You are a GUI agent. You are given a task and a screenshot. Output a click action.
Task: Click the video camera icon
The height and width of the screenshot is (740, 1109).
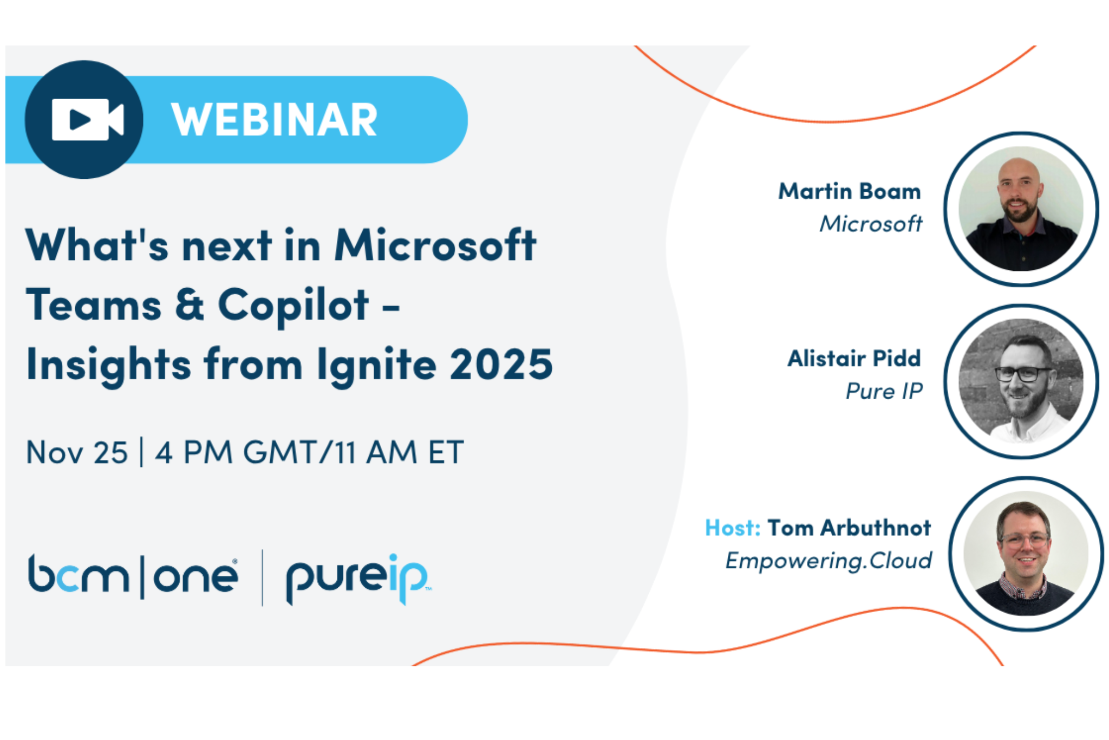[x=87, y=119]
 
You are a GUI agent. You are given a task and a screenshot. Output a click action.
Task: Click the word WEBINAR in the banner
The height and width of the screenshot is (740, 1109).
[x=274, y=120]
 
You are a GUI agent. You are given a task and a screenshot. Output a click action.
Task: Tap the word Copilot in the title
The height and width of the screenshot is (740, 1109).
[x=293, y=306]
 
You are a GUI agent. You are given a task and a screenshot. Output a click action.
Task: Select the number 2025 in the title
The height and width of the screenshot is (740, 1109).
[x=501, y=364]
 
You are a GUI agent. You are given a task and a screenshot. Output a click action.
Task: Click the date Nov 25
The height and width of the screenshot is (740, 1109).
[x=77, y=452]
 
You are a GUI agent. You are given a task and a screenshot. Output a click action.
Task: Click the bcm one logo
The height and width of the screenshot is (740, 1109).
[x=133, y=576]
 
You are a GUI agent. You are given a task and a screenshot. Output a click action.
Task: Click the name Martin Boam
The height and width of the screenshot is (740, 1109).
[x=849, y=191]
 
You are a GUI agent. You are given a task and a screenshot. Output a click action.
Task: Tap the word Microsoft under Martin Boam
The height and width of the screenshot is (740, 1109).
[x=870, y=224]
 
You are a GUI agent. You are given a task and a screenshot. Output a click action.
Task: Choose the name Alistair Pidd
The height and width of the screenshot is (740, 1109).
[x=854, y=359]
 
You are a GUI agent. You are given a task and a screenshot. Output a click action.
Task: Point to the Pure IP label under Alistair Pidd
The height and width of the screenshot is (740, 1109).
[x=884, y=391]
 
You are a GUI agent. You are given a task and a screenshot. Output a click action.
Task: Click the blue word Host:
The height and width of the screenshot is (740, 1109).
[x=733, y=528]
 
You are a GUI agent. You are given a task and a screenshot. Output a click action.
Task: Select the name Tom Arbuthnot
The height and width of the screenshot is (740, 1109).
[x=849, y=528]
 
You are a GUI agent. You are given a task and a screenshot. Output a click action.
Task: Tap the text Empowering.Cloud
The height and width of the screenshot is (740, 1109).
[x=829, y=561]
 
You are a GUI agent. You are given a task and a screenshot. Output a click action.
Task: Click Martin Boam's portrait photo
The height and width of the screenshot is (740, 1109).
[x=1021, y=209]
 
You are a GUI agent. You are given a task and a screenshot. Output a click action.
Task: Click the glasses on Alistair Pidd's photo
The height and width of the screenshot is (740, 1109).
[x=1023, y=374]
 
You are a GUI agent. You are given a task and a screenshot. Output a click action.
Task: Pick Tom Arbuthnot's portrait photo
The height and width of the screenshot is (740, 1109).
[x=1026, y=554]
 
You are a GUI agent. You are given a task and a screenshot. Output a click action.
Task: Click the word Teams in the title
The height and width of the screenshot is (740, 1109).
[x=94, y=306]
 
